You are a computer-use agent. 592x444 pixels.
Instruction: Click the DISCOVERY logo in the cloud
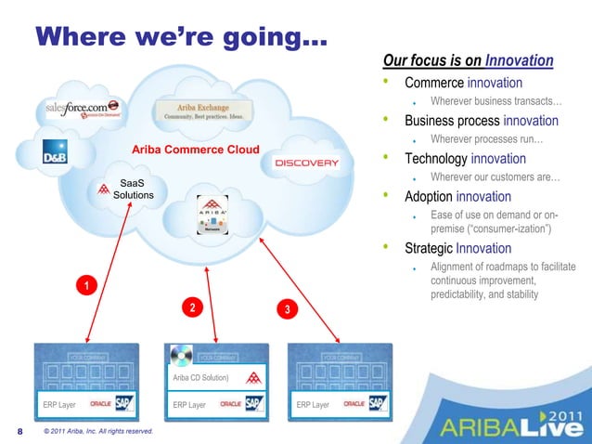[x=307, y=163]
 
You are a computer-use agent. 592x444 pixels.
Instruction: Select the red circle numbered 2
[x=190, y=307]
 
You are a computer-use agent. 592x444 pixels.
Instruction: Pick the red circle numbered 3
[x=289, y=308]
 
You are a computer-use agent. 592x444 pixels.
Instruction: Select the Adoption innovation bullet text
[x=457, y=197]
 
